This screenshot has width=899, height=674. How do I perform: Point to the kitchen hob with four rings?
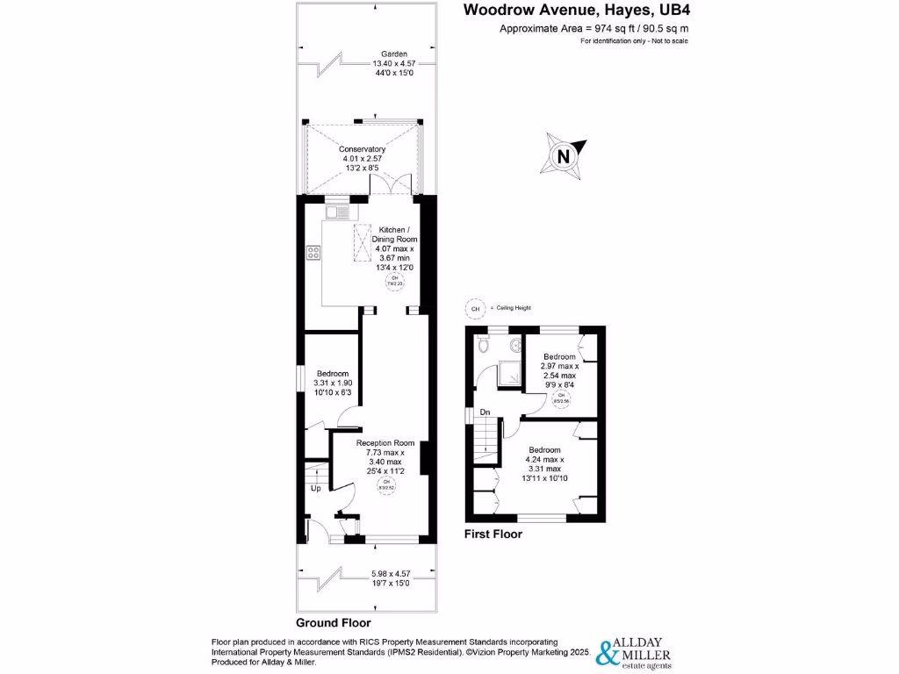pyautogui.click(x=313, y=253)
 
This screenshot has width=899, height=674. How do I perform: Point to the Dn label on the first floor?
pyautogui.click(x=483, y=412)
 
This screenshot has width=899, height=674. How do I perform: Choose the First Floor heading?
pyautogui.click(x=493, y=534)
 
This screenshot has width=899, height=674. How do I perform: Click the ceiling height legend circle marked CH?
pyautogui.click(x=475, y=309)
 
